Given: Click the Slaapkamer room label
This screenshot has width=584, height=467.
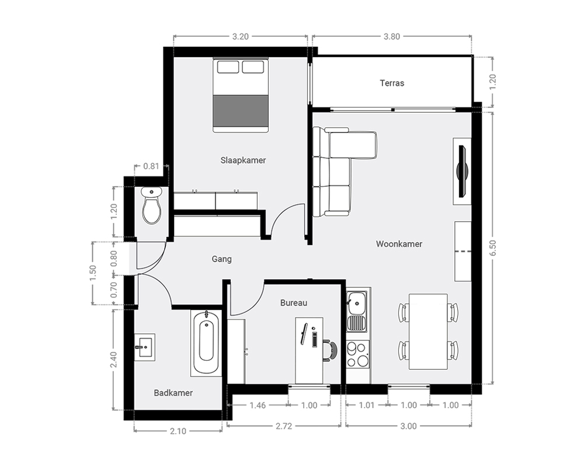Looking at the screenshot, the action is [x=243, y=161].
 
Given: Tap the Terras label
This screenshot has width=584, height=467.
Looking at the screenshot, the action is [x=392, y=83].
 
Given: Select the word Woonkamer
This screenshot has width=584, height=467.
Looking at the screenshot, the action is [x=399, y=244].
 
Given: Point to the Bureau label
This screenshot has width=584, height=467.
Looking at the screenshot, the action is [x=294, y=303].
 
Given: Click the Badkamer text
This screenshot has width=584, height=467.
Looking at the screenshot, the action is [x=173, y=393].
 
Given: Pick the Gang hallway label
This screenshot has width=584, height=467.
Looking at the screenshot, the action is [x=221, y=259].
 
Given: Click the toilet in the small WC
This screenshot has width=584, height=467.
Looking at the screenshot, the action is [x=152, y=205].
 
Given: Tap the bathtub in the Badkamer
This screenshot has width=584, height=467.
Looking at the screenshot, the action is [x=206, y=343].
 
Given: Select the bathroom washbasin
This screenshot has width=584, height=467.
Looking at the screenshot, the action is [x=144, y=347].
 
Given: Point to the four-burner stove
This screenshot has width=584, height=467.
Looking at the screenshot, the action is [x=357, y=354].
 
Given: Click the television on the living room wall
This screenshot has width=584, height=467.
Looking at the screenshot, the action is [x=463, y=171].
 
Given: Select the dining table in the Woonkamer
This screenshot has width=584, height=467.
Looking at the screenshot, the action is [x=428, y=332].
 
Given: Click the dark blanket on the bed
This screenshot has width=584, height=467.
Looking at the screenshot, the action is [x=241, y=110].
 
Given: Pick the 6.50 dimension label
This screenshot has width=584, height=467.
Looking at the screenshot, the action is [x=493, y=248].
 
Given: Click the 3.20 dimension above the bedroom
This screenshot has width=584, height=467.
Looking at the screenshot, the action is [x=240, y=37].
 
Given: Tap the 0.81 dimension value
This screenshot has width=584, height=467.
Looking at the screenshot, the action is [x=151, y=166].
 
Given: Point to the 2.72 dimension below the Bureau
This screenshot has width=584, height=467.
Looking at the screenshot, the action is [x=284, y=426].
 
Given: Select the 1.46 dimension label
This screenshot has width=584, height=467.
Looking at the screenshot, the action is [x=258, y=405].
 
